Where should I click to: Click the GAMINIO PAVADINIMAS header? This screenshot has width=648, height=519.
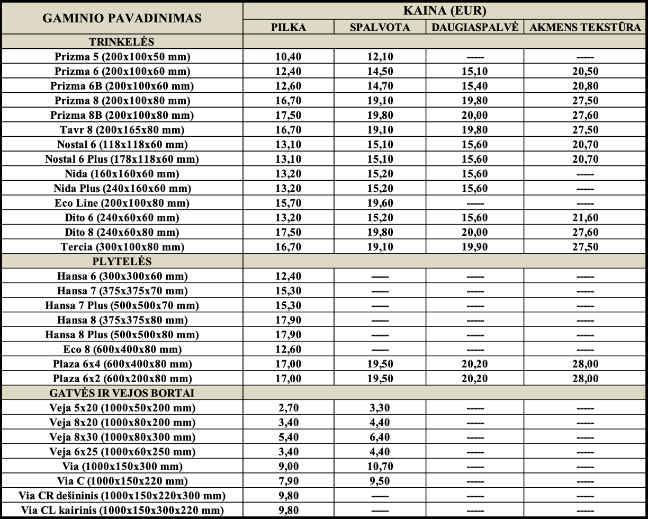coord(122,18)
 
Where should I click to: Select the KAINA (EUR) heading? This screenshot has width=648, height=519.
coord(445,11)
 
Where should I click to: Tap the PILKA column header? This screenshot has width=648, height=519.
coord(289,27)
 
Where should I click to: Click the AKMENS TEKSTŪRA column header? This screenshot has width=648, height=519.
coord(585,27)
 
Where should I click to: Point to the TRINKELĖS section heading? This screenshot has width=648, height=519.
coord(122,42)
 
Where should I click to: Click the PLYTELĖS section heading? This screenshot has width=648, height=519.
coord(122,261)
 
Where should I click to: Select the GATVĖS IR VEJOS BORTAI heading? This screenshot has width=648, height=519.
coord(122,393)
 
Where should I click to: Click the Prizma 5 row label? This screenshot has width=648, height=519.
coord(122,57)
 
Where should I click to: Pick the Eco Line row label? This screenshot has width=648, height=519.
coord(122,203)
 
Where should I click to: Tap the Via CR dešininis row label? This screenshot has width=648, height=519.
coord(122,496)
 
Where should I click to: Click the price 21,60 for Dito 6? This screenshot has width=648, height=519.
coord(585,218)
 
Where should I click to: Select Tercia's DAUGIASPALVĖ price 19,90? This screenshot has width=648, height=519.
coord(475,247)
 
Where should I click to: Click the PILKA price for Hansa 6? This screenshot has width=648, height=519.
coord(289,276)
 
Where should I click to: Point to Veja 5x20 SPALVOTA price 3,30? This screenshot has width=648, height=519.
coord(380,408)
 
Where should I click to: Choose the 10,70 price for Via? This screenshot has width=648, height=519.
coord(380,467)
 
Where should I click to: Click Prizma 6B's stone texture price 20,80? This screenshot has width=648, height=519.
coord(585,86)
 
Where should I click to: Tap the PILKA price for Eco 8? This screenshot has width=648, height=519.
coord(289,349)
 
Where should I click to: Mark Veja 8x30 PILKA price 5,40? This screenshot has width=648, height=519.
coord(289,437)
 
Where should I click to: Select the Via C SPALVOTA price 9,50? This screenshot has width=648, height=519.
coord(380,481)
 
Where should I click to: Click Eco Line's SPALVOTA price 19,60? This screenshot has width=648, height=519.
coord(380,203)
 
